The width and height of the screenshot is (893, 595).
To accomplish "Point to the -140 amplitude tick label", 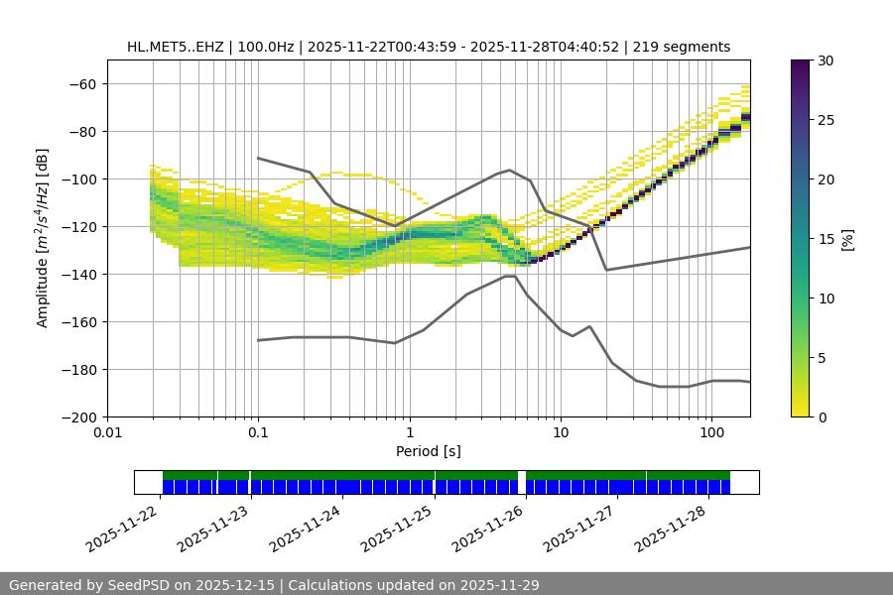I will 79,275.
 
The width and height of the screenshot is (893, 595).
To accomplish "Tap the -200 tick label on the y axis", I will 79,417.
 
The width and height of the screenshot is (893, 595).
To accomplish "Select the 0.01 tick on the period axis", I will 107,433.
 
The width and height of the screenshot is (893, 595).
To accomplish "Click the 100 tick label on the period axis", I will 711,433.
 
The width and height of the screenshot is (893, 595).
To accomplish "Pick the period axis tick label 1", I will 409,433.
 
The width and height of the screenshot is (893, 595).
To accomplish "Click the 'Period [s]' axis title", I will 428,451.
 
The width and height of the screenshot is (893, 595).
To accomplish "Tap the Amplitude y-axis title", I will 43,239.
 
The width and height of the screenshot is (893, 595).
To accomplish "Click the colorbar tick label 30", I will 824,60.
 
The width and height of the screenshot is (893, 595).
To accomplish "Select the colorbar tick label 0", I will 820,417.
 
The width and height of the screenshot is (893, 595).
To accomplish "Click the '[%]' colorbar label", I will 846,239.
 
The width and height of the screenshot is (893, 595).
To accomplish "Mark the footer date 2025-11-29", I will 500,585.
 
